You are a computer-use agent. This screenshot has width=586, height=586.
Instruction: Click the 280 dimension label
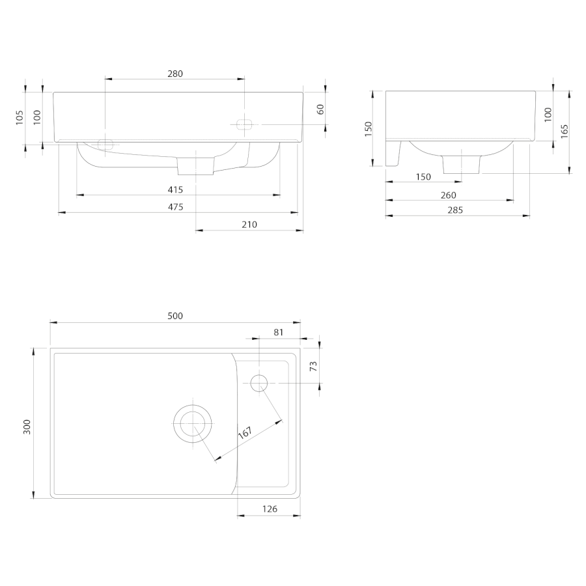175,74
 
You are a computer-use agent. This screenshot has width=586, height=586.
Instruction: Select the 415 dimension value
175,190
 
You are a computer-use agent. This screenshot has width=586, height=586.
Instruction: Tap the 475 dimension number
175,207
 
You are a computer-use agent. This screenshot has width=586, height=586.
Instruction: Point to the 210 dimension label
249,225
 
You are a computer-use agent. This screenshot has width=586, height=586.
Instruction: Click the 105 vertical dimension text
20,118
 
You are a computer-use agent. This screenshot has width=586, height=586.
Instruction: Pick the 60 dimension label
320,109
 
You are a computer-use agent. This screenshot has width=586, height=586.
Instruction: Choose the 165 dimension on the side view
565,132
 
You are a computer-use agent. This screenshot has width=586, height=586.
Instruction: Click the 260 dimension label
449,195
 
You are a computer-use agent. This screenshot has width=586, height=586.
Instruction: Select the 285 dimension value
455,210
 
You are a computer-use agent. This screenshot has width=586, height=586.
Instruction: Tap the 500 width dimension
175,316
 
